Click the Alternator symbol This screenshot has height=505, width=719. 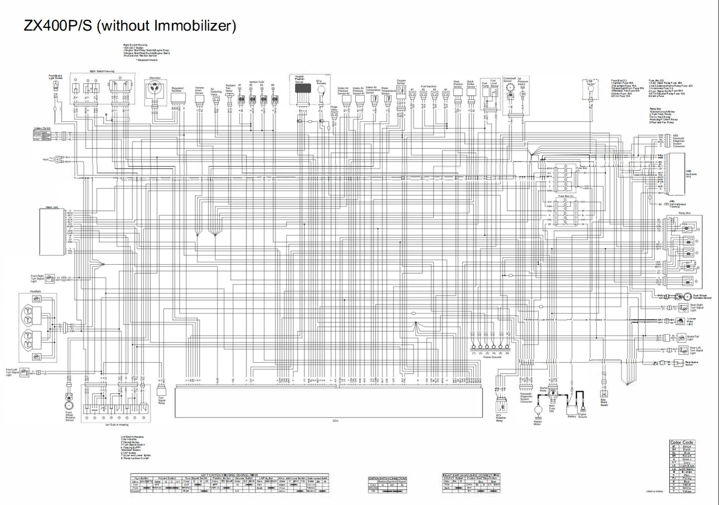155,92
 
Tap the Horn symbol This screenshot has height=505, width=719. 58,159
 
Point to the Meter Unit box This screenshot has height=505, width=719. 53,232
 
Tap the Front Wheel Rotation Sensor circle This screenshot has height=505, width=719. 69,400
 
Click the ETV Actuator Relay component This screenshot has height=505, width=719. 500,404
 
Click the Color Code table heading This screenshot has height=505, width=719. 681,442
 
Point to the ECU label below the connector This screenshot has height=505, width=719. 335,421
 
